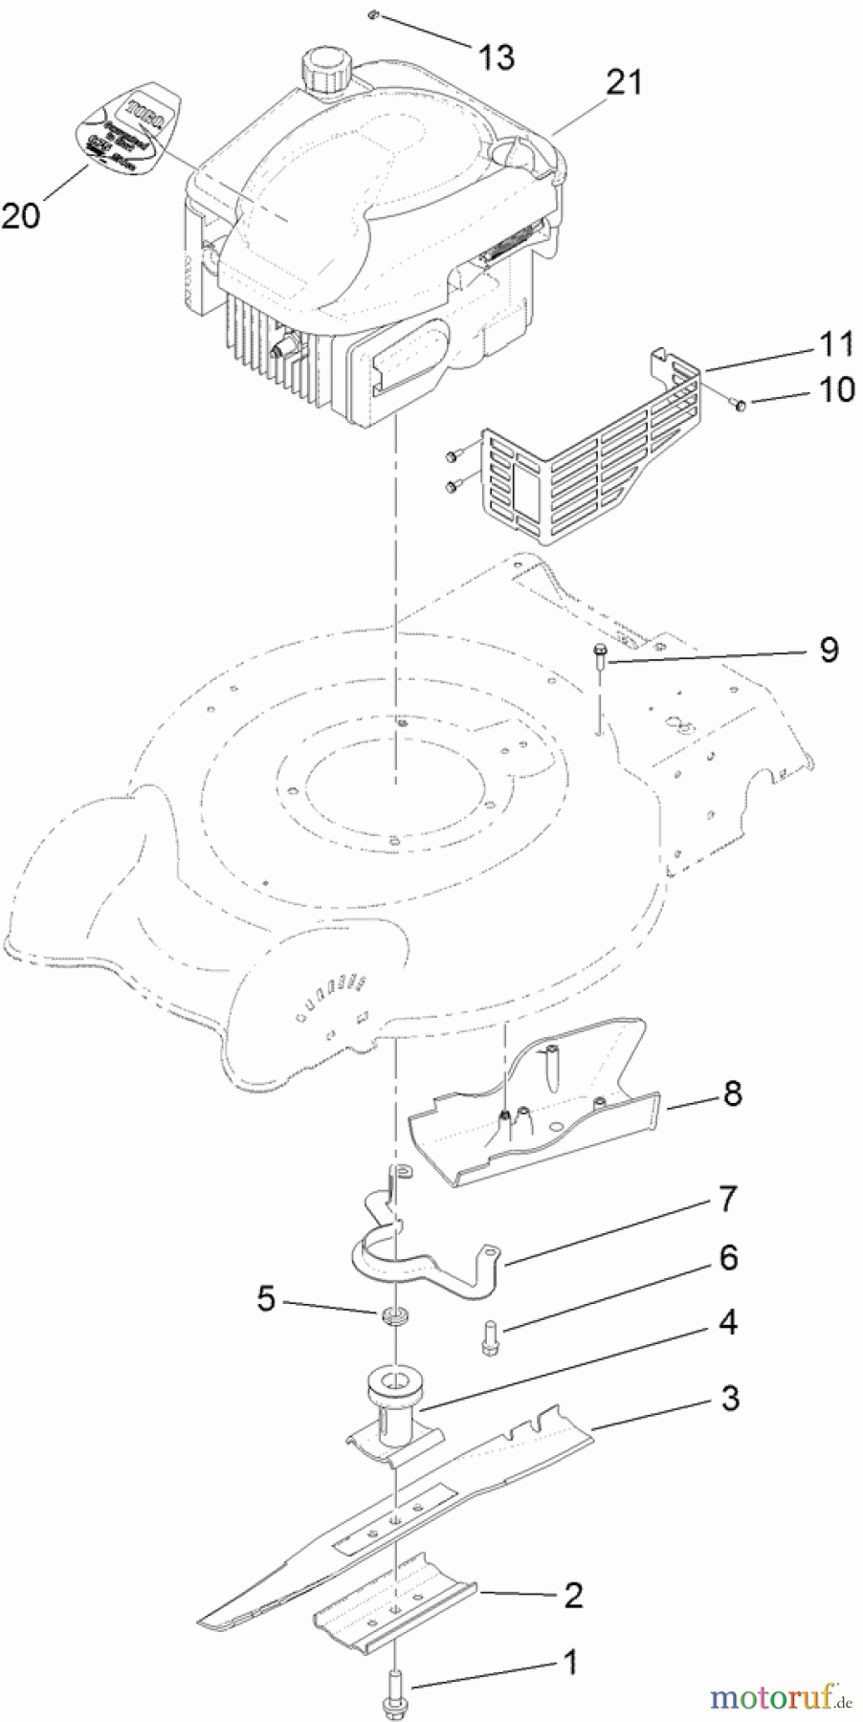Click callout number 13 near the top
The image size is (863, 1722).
496,57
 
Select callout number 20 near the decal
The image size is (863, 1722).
21,215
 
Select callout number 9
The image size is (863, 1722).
829,650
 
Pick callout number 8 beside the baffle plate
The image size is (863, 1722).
733,1093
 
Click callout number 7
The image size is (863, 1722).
727,1198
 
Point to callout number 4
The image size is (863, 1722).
727,1323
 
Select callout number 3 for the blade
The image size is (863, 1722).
730,1398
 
